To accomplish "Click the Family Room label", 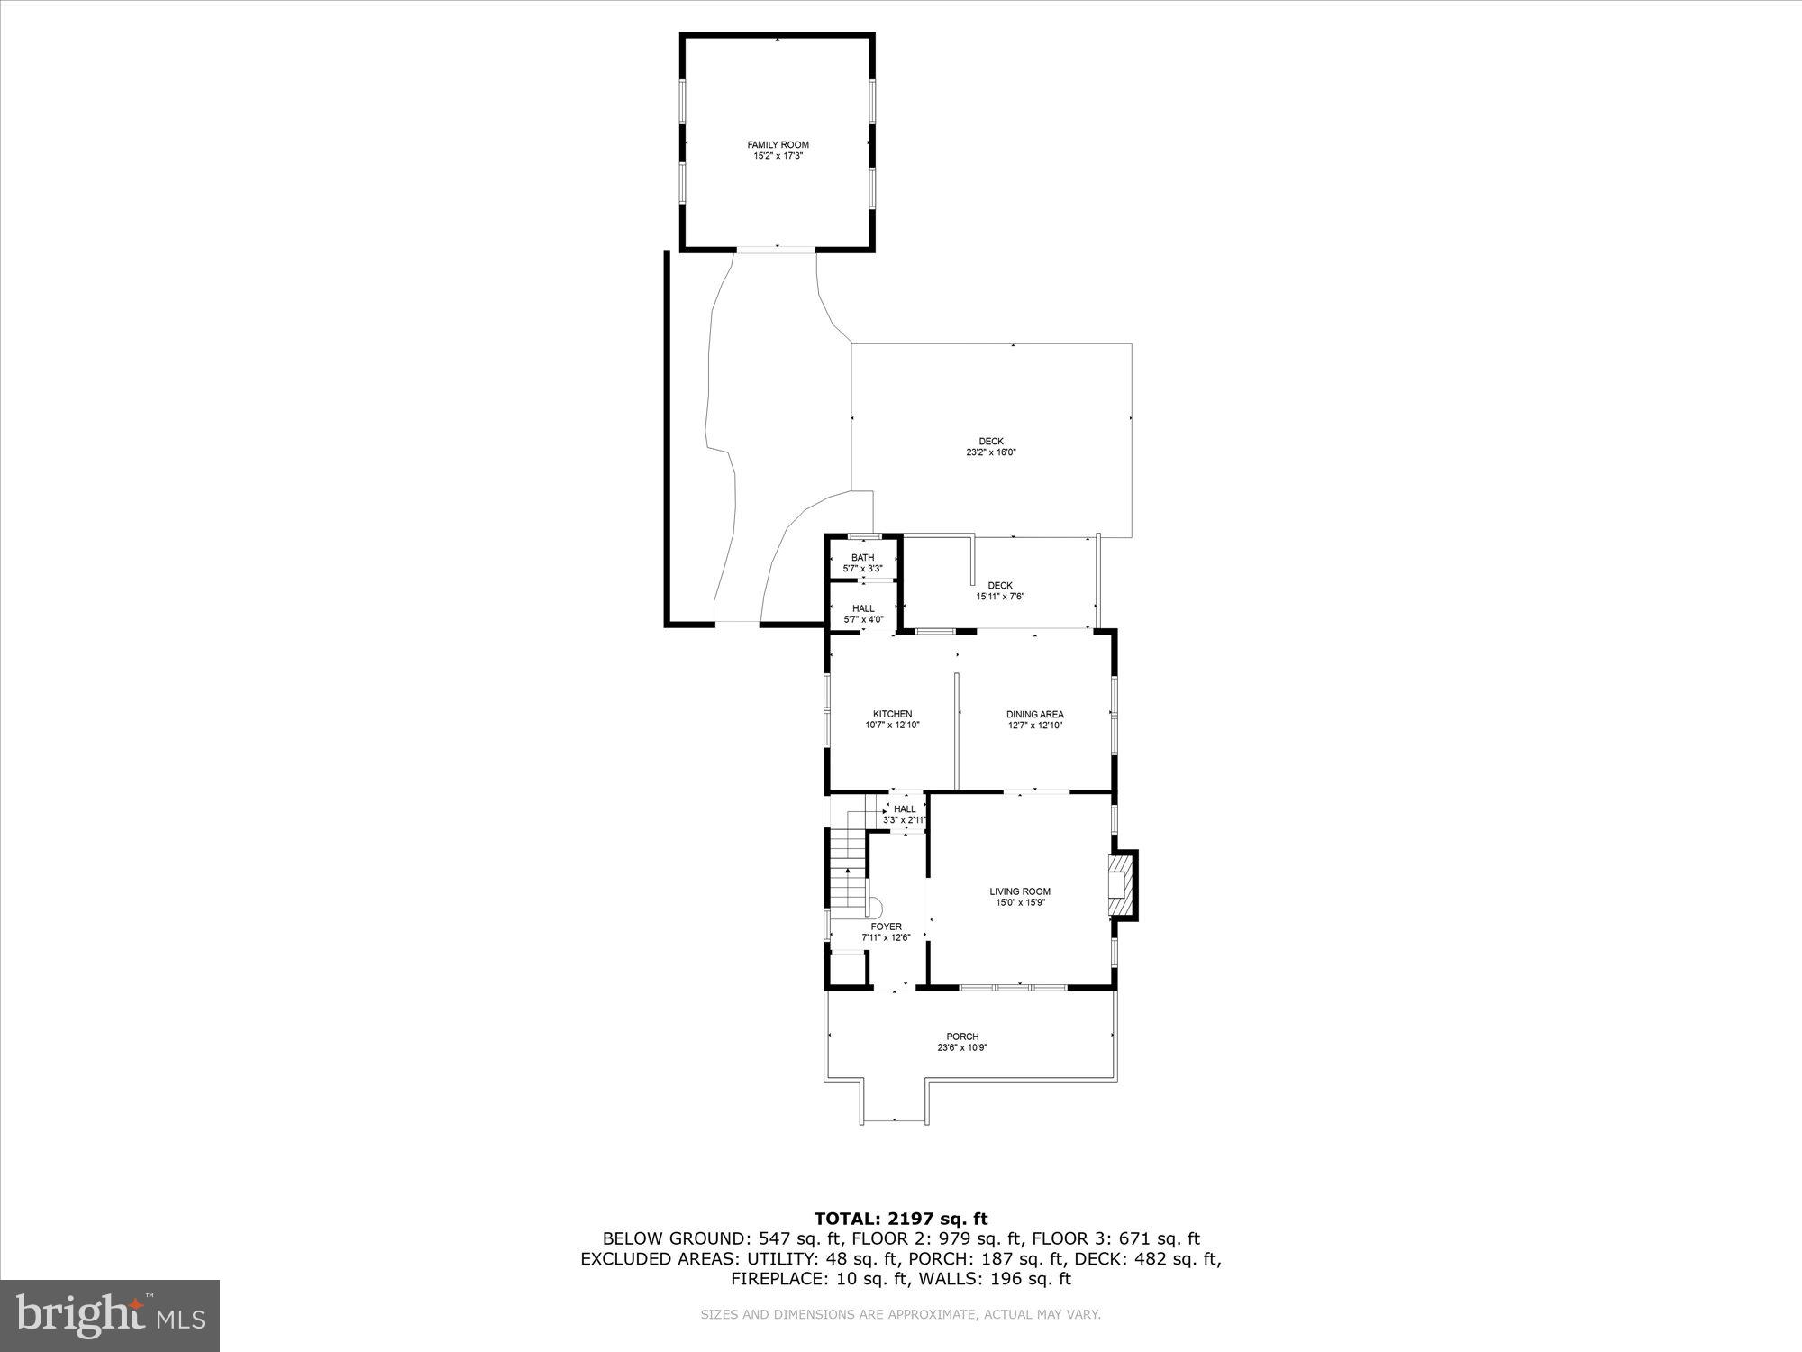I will click(778, 145).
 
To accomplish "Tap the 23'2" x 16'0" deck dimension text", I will click(991, 452).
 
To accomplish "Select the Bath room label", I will click(862, 558).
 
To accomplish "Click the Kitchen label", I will click(892, 714).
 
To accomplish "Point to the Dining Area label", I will click(1034, 715).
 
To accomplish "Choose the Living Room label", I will click(1020, 891).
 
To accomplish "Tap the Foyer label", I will click(886, 927).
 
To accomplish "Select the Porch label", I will click(962, 1037).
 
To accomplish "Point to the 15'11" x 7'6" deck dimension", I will click(1000, 597).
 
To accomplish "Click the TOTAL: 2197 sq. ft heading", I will click(901, 1220).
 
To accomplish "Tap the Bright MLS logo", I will click(110, 1316).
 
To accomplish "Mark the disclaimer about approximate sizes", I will click(901, 1315).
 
